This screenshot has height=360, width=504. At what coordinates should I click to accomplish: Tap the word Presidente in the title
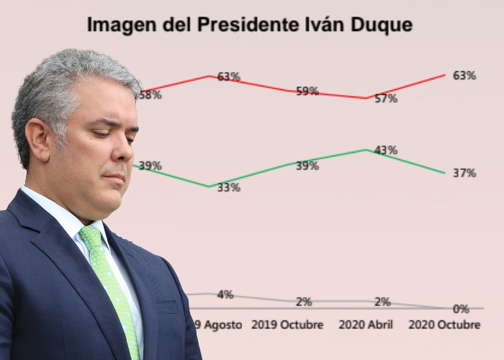[x=251, y=24]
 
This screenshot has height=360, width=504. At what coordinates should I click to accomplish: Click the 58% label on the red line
[x=150, y=94]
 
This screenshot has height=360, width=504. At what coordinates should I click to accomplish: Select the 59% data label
[x=307, y=91]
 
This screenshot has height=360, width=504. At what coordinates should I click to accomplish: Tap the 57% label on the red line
[x=386, y=99]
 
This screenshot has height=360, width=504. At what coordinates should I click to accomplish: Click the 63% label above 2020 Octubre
[x=464, y=76]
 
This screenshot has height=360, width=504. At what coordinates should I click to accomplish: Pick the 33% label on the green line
[x=229, y=187]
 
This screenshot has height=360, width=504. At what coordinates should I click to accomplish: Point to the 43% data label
[x=386, y=150]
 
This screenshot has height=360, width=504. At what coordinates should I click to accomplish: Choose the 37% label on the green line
[x=464, y=173]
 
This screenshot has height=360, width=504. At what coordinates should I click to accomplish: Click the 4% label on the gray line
[x=225, y=294]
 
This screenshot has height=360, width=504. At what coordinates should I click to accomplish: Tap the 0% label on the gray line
[x=461, y=309]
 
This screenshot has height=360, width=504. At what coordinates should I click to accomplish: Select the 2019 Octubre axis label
[x=287, y=325]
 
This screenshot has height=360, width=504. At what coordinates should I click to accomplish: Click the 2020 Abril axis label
[x=365, y=325]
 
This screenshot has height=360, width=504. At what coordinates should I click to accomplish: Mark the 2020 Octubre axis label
[x=444, y=325]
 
